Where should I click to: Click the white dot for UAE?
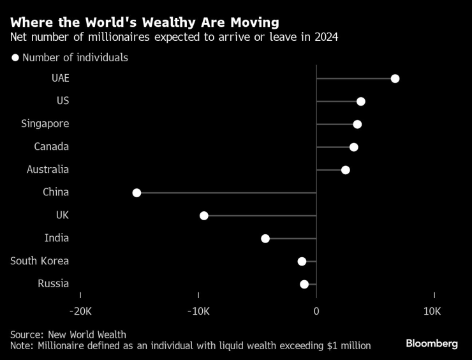tap(395, 79)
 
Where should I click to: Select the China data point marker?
tap(136, 193)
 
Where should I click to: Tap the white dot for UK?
tap(204, 216)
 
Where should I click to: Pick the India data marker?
tap(265, 239)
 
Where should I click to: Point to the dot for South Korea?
tap(302, 261)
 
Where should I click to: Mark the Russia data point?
tap(304, 284)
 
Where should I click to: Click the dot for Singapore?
tap(357, 124)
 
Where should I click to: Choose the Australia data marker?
tap(346, 170)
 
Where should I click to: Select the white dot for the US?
tap(361, 101)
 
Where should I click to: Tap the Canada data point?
tap(354, 147)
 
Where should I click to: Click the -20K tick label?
tap(80, 311)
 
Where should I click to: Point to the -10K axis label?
tap(198, 311)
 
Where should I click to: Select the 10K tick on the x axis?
tap(432, 311)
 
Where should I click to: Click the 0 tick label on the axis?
tap(316, 311)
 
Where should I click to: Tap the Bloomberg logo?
tap(432, 343)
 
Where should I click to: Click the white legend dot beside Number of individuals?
tap(15, 58)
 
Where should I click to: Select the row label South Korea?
tap(40, 261)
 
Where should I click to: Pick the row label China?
tap(55, 193)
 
